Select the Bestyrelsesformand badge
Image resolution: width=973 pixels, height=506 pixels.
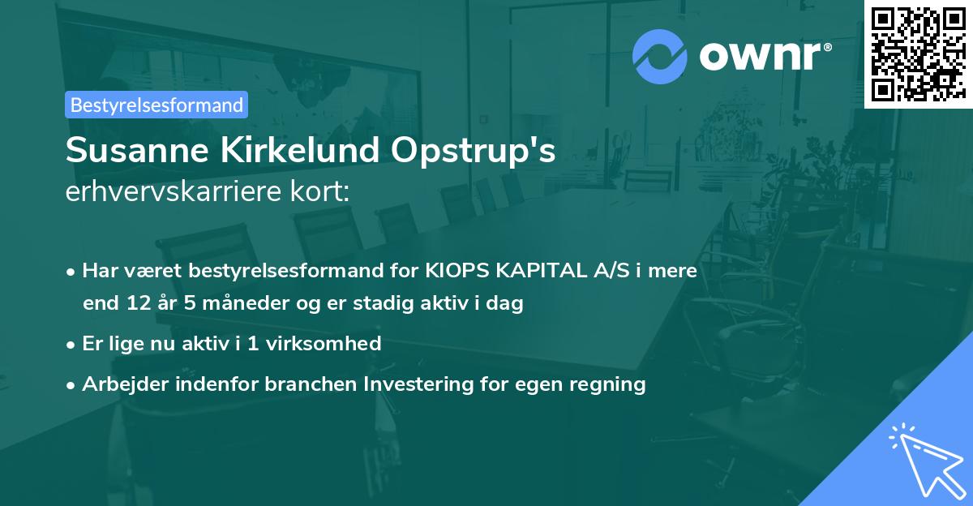pyautogui.click(x=156, y=105)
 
